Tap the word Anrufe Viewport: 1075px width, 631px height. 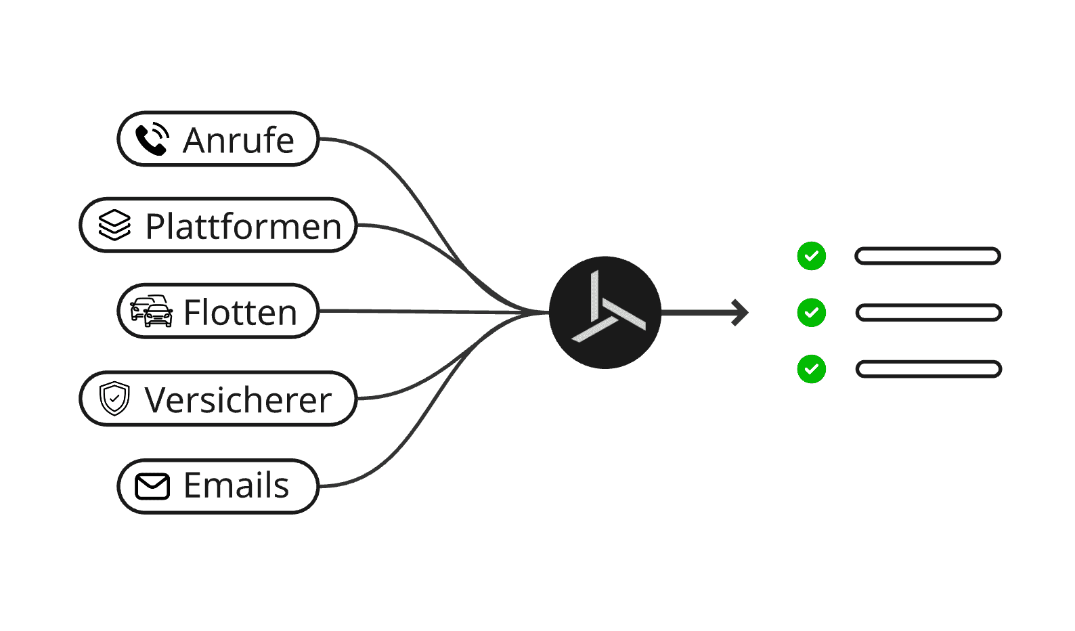point(238,141)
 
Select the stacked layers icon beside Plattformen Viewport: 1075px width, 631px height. point(114,225)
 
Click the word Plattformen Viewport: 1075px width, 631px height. point(243,227)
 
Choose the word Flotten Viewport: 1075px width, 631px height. point(240,313)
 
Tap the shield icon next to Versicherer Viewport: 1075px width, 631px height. point(114,399)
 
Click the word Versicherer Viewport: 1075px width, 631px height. point(238,400)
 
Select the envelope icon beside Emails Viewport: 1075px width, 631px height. point(152,486)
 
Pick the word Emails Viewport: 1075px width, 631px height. point(236,485)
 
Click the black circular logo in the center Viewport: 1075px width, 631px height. point(605,312)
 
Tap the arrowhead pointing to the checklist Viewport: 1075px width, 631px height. point(741,312)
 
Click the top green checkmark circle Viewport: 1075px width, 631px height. point(811,256)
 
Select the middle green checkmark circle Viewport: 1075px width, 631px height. point(811,313)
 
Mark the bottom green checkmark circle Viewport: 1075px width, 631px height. point(811,369)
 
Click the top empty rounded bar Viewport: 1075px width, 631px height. point(927,256)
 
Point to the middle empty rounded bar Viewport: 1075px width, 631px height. point(928,313)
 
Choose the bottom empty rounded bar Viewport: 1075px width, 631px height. point(928,369)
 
